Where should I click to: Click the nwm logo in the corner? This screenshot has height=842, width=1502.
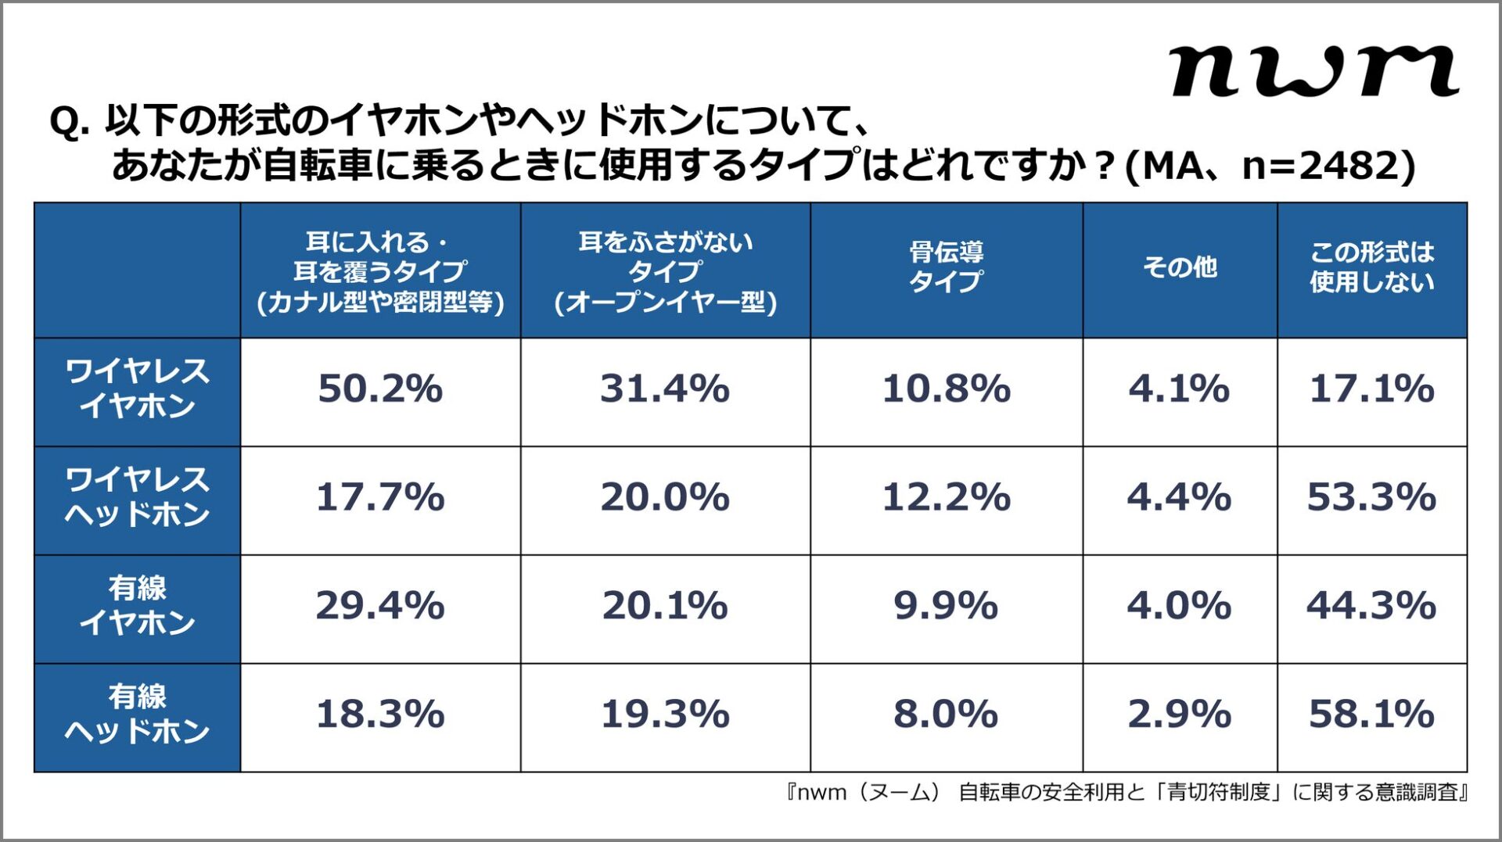point(1314,71)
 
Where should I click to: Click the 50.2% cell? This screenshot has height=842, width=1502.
point(380,389)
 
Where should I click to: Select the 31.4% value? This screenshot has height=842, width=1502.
point(665,389)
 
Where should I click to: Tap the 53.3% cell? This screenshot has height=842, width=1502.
point(1371,498)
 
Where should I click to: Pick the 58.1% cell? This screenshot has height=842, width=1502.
point(1371,715)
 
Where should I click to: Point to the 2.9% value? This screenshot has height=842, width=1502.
point(1179,715)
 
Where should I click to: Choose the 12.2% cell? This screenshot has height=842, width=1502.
point(946,498)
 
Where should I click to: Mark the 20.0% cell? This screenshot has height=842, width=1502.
point(665,498)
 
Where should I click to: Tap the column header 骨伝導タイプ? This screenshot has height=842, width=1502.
point(946,267)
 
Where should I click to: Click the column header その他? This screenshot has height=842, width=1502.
point(1179,267)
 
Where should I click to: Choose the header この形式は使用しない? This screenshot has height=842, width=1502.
point(1371,267)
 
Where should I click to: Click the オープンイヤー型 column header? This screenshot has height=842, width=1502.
point(665,271)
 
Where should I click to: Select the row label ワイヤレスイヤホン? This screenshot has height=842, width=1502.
point(137,389)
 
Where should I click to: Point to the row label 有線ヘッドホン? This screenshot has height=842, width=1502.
point(137,714)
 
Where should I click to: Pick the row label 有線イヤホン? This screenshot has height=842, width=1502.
point(137,606)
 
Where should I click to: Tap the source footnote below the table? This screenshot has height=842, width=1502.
point(1126,793)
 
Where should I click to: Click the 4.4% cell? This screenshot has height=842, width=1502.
point(1179,498)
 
